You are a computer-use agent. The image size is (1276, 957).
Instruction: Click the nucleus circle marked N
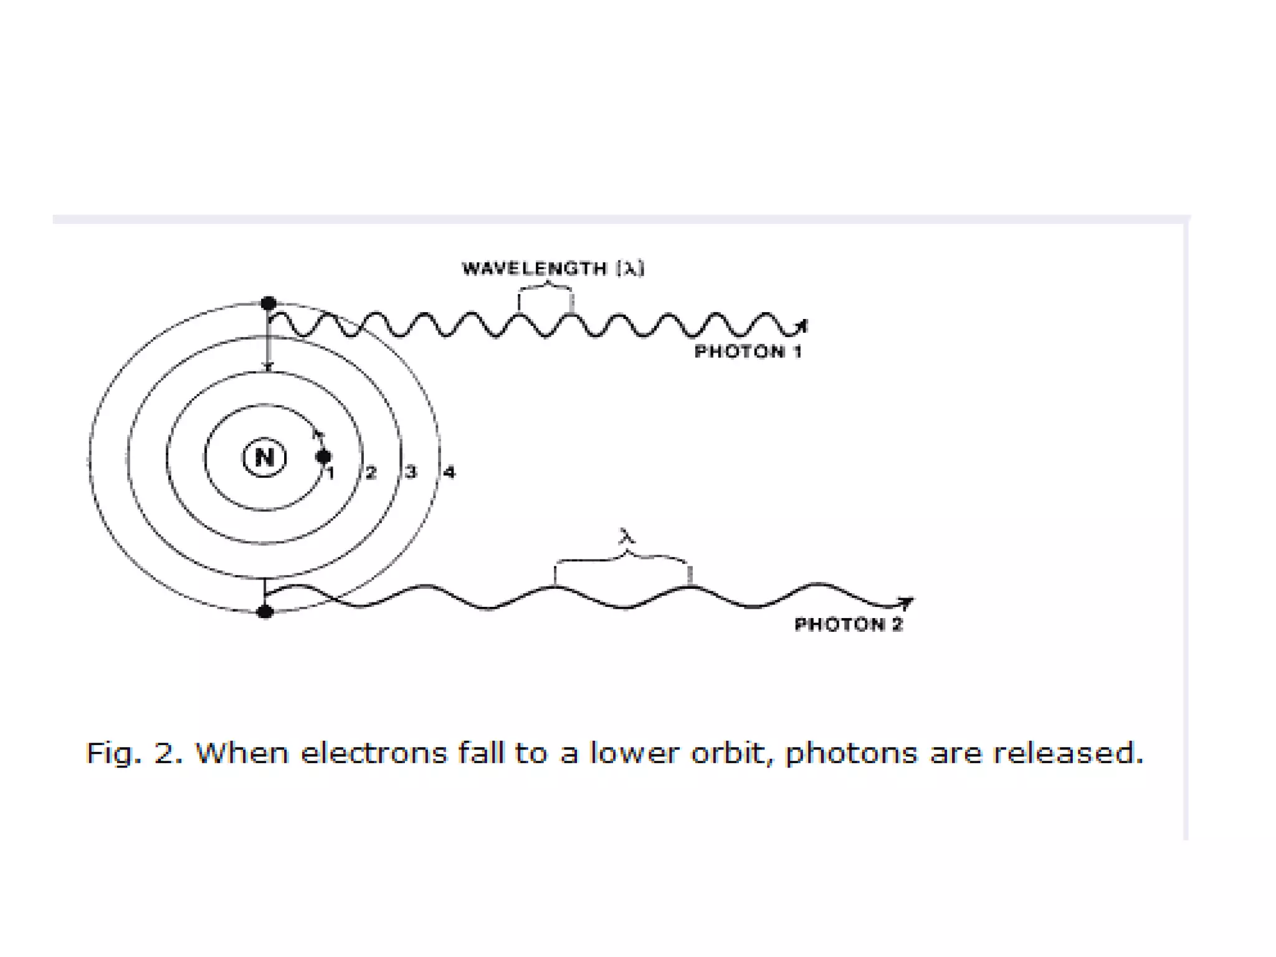(x=264, y=457)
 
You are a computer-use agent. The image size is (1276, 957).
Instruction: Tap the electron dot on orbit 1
(x=323, y=457)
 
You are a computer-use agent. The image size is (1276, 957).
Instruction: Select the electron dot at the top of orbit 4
(x=269, y=303)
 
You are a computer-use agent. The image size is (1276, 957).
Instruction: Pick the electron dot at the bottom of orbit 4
(x=265, y=611)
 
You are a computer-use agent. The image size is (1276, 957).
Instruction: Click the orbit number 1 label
(x=331, y=474)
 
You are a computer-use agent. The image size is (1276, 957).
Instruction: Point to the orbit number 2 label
(x=371, y=472)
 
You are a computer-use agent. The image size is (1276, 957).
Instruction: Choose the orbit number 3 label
(x=411, y=472)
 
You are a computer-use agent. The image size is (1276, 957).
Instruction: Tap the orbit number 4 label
(x=449, y=472)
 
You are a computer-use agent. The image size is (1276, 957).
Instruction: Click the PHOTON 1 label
(x=748, y=351)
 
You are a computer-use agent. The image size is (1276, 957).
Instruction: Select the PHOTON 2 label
(x=849, y=624)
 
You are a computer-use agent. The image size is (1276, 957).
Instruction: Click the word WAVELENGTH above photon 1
(x=534, y=269)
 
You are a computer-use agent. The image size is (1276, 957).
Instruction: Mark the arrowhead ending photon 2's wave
(x=907, y=602)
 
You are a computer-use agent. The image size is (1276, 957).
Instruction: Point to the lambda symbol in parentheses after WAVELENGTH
(x=631, y=269)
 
